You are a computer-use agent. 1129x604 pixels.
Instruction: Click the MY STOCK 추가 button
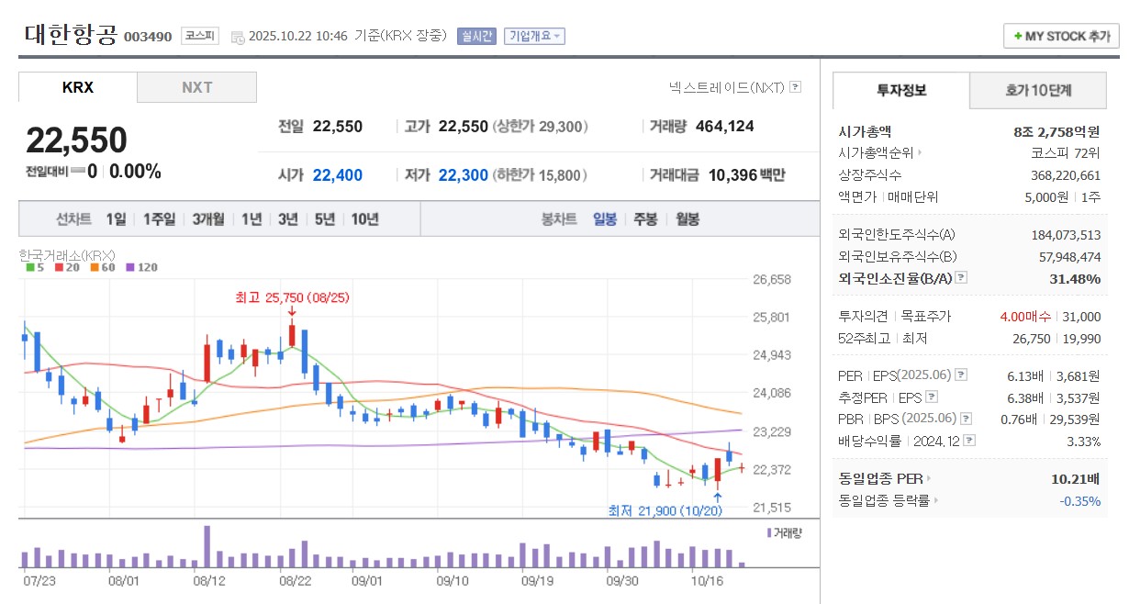click(x=1061, y=36)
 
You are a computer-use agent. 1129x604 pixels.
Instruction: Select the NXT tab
click(x=196, y=87)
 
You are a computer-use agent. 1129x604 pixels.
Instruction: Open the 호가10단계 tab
click(x=1037, y=90)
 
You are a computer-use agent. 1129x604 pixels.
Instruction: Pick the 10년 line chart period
click(x=364, y=219)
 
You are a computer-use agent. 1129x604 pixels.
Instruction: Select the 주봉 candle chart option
click(x=645, y=219)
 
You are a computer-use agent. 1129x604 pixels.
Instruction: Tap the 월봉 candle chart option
click(x=687, y=219)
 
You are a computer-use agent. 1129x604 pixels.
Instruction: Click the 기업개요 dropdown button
click(x=536, y=36)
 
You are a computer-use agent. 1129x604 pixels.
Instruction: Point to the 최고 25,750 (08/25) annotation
click(x=292, y=298)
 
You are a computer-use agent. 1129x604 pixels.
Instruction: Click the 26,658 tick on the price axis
click(x=771, y=280)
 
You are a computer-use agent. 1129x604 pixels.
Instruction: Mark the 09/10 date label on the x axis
click(x=453, y=581)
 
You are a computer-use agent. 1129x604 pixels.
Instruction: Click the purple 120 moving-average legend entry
click(x=141, y=267)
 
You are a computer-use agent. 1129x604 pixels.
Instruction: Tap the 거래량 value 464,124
click(x=725, y=126)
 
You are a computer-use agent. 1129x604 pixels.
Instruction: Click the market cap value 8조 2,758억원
click(x=1056, y=131)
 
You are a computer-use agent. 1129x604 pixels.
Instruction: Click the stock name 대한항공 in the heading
click(x=71, y=35)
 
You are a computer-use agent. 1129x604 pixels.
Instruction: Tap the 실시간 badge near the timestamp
click(x=476, y=36)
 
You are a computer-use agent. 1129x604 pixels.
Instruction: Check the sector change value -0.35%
click(x=1080, y=500)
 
